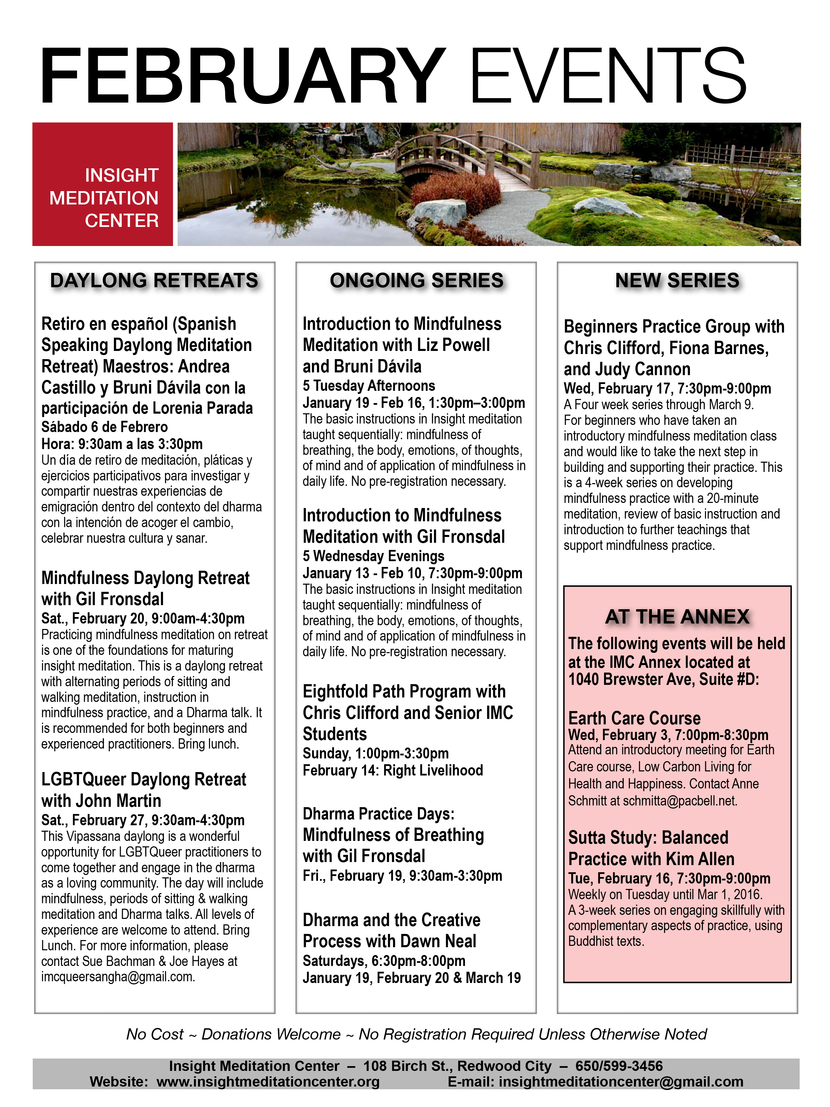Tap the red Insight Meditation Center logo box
103,184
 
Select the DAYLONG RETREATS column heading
154,280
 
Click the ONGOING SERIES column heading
417,280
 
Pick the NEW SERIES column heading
677,280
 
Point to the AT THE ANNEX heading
677,617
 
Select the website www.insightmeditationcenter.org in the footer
268,1081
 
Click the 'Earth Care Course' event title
634,718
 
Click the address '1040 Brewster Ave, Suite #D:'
663,680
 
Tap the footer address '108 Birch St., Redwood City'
457,1066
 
